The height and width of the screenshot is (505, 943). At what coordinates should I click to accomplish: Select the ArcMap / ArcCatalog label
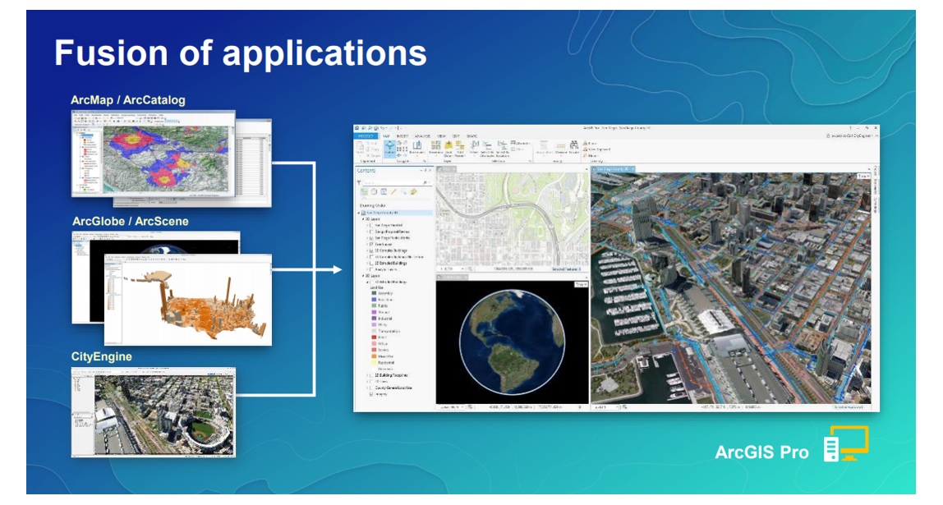tap(127, 100)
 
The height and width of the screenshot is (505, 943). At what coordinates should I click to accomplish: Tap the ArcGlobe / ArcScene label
tap(130, 221)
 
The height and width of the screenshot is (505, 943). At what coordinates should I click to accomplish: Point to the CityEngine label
tap(102, 357)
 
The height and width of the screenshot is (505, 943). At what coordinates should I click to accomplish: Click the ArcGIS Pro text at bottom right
tap(761, 452)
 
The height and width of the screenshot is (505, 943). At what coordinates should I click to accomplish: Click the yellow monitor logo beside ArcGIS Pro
tap(846, 443)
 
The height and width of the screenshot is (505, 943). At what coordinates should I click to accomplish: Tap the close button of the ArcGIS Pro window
tap(872, 129)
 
